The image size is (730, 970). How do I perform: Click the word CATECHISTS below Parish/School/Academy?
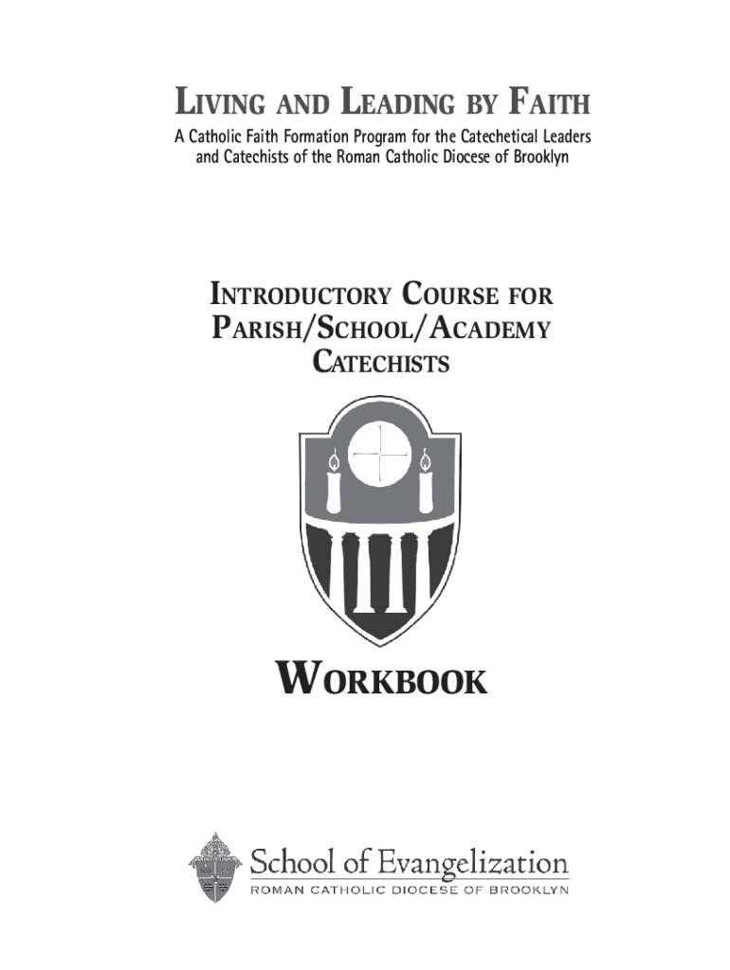click(x=381, y=362)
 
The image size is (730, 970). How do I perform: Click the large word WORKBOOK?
click(x=381, y=680)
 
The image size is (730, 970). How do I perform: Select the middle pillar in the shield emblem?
click(x=379, y=572)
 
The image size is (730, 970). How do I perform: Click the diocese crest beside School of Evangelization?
click(x=214, y=866)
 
